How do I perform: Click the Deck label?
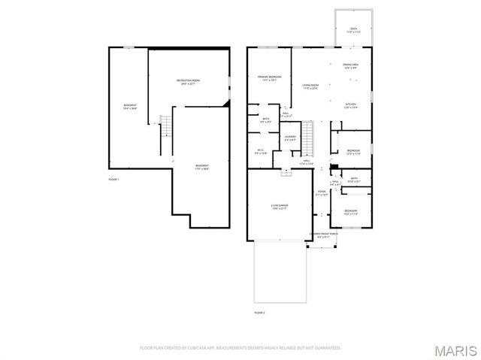[353, 31]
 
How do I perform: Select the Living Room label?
[310, 87]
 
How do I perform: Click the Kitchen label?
[351, 105]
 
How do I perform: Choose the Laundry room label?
[290, 138]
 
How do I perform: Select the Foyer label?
[322, 193]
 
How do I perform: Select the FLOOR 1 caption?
[114, 180]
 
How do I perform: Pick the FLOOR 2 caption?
[260, 310]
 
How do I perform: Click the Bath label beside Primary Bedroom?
[266, 120]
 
